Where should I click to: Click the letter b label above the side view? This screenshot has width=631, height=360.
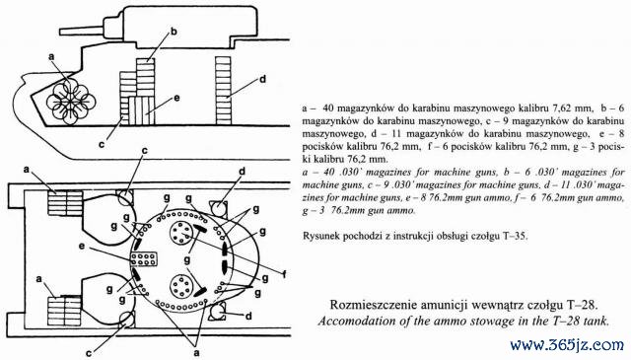174,32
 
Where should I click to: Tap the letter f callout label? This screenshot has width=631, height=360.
284,274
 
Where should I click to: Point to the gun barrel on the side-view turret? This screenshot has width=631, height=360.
82,31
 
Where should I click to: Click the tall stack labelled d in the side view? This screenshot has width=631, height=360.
224,91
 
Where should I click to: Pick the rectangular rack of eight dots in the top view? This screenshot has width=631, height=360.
144,259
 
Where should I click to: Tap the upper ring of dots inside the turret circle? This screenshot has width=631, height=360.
179,232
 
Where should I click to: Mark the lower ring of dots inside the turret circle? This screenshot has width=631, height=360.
180,286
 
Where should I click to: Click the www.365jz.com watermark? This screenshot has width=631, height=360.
567,345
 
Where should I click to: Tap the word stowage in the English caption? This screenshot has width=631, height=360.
495,322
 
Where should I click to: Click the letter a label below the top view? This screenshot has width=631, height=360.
196,352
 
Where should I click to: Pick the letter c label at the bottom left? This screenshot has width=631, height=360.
89,353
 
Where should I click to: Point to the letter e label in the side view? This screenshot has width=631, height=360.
176,98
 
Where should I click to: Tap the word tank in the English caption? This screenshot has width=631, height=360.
597,322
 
